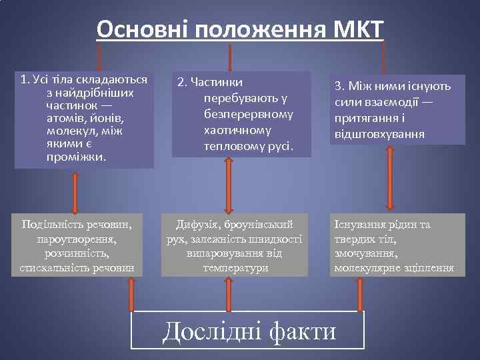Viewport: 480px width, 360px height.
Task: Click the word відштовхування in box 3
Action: tap(379, 135)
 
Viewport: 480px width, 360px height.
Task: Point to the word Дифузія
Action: tap(198, 225)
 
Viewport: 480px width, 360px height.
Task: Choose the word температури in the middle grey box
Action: tap(235, 268)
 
